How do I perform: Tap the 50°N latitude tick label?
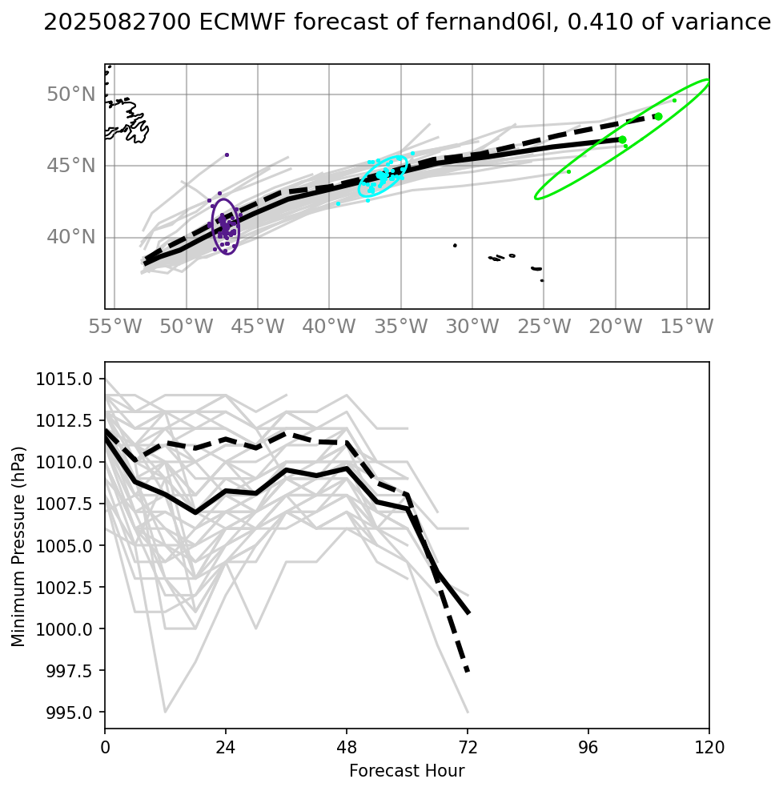tap(71, 94)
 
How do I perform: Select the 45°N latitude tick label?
tap(71, 166)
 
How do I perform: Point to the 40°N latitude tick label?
tap(71, 237)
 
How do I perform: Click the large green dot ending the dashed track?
tap(658, 116)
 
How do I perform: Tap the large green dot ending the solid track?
tap(622, 140)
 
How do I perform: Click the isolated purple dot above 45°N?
tap(227, 155)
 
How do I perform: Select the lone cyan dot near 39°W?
tap(338, 204)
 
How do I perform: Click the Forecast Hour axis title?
tap(407, 772)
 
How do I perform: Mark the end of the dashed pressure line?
tap(468, 672)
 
